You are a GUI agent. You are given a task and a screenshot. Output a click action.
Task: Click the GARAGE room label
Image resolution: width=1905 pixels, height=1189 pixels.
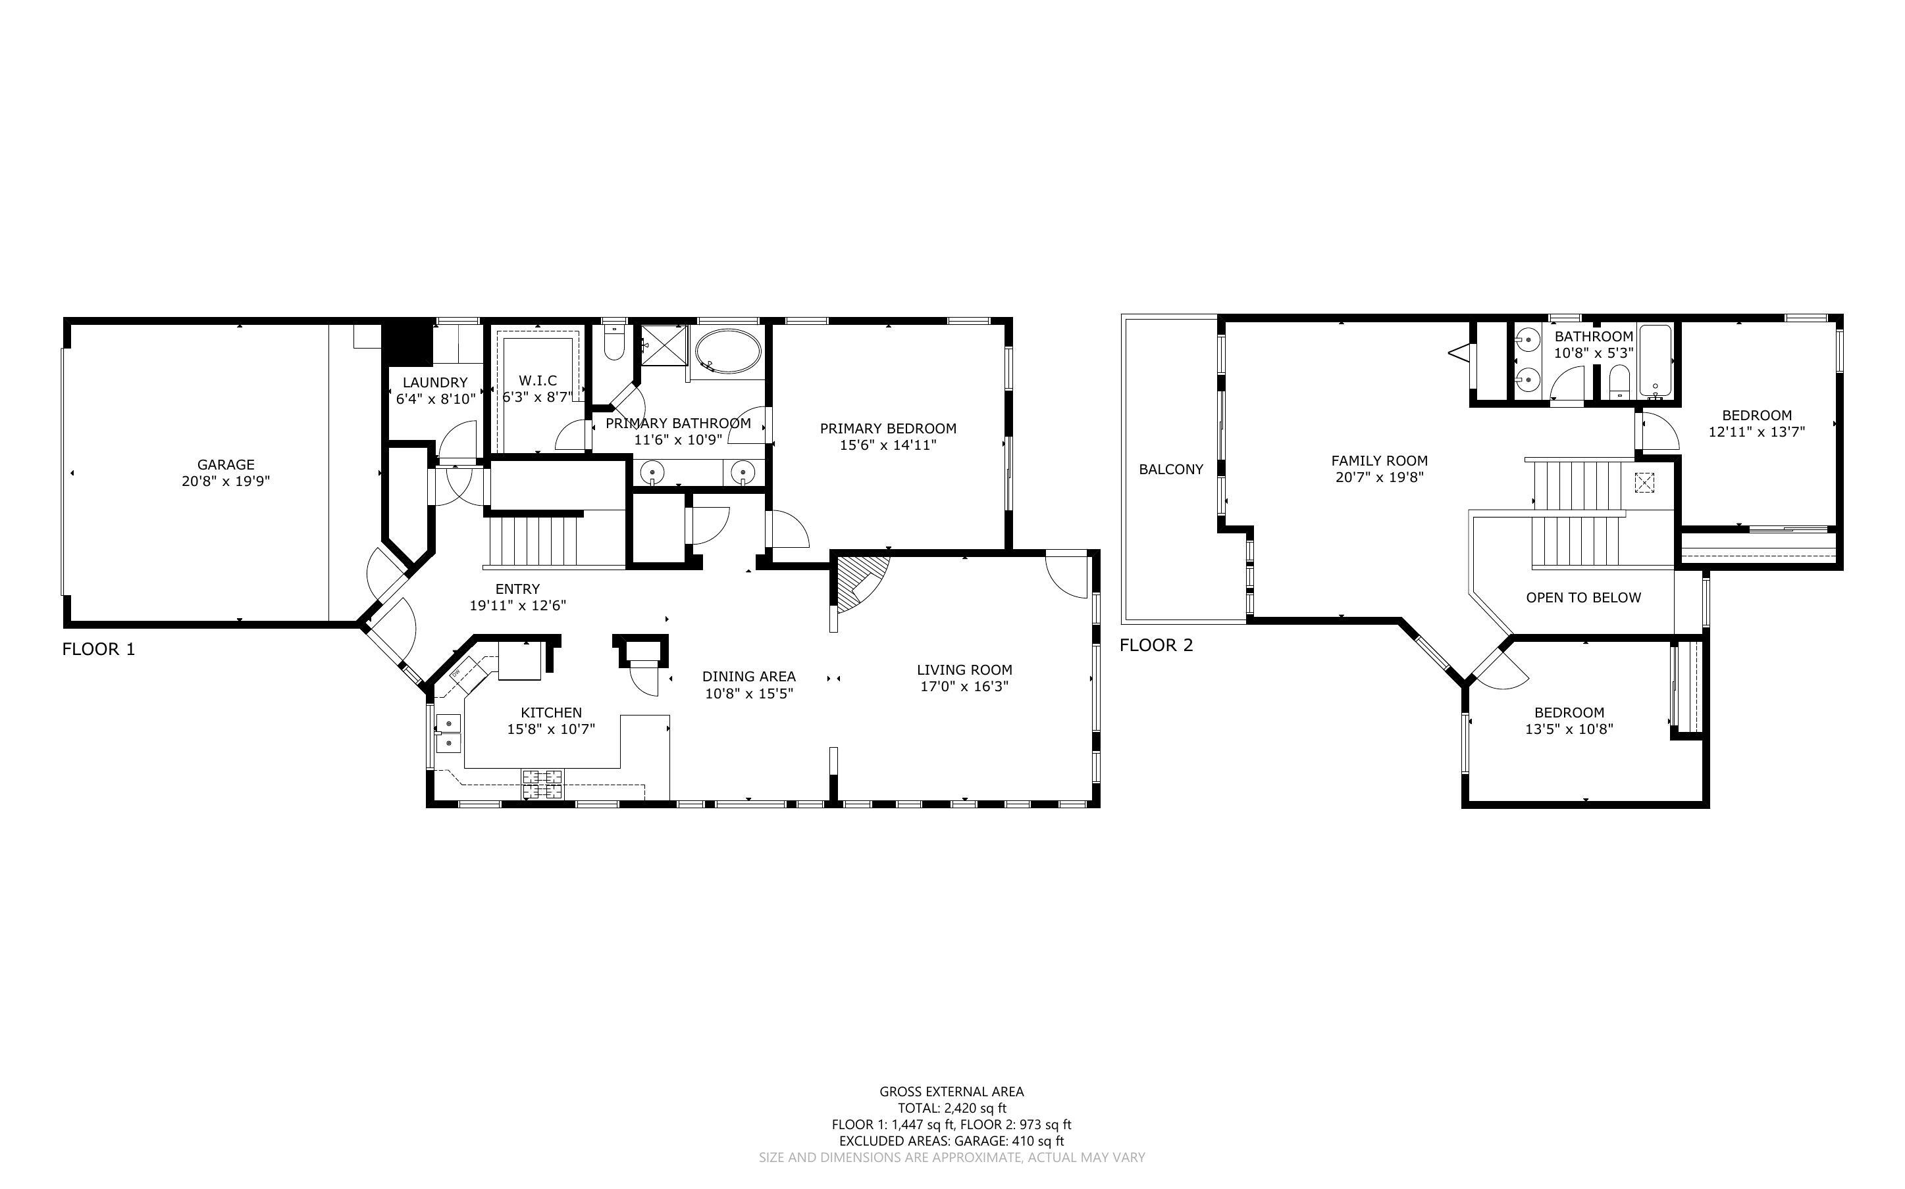click(226, 465)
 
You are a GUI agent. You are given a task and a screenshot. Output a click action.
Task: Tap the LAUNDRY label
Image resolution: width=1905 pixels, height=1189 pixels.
click(435, 383)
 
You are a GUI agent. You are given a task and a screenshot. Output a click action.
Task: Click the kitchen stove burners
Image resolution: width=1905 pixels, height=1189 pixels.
click(542, 785)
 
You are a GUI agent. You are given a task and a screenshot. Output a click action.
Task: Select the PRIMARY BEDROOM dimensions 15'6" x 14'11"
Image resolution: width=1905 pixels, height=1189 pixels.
click(889, 445)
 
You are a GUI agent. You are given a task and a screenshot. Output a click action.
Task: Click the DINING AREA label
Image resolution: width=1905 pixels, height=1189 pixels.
click(749, 676)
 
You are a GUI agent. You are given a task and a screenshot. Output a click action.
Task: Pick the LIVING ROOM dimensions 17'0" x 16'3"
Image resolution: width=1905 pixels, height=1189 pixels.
click(965, 687)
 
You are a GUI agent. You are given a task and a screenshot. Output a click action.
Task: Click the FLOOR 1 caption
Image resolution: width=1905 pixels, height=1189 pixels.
click(98, 650)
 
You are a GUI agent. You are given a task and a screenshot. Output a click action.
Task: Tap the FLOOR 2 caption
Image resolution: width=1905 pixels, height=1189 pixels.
click(1156, 646)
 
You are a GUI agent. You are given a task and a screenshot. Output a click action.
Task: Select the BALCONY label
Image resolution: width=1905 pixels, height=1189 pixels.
click(1171, 470)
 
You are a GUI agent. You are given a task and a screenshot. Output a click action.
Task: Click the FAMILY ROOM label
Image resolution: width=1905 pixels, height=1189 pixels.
click(1379, 461)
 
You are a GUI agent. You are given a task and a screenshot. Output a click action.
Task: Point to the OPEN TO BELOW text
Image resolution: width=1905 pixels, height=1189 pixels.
click(1583, 598)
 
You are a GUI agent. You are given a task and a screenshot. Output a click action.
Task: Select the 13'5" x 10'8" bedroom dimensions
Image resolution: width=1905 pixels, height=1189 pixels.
click(1569, 729)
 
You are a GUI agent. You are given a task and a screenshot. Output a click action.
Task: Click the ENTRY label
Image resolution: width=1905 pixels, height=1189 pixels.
click(518, 589)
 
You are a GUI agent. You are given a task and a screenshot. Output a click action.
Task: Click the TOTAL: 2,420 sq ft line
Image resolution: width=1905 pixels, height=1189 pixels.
click(952, 1108)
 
